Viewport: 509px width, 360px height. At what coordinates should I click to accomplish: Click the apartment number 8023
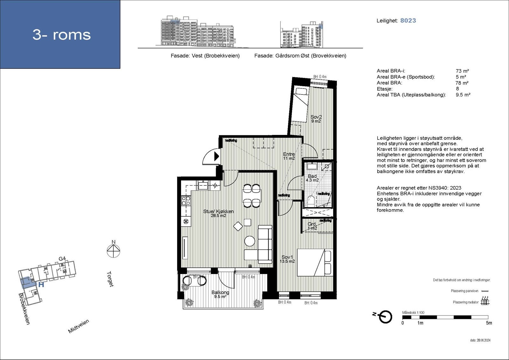408,20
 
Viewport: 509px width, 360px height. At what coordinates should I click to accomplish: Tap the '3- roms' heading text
62,34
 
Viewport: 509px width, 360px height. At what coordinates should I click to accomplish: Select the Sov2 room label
316,119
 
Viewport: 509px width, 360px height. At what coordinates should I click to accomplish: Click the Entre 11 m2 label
289,156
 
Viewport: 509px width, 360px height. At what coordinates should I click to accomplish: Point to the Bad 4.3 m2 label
312,178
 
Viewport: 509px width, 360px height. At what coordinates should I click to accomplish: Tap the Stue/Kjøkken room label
219,213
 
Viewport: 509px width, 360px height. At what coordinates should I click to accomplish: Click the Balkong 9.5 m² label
220,294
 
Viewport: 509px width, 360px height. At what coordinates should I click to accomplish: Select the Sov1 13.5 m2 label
287,259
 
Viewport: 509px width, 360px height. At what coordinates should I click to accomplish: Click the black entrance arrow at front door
216,156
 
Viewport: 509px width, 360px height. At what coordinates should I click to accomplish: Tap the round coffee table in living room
249,241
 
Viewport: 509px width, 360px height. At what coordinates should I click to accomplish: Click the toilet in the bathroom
311,201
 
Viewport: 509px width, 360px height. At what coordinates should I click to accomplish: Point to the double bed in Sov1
314,262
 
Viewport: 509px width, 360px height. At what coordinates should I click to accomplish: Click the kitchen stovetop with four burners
186,201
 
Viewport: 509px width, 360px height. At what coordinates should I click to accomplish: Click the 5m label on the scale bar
489,323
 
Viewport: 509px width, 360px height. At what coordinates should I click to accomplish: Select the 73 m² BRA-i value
462,71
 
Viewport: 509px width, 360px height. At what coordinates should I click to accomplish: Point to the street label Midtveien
79,326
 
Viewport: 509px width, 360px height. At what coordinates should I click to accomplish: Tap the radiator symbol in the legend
485,300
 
